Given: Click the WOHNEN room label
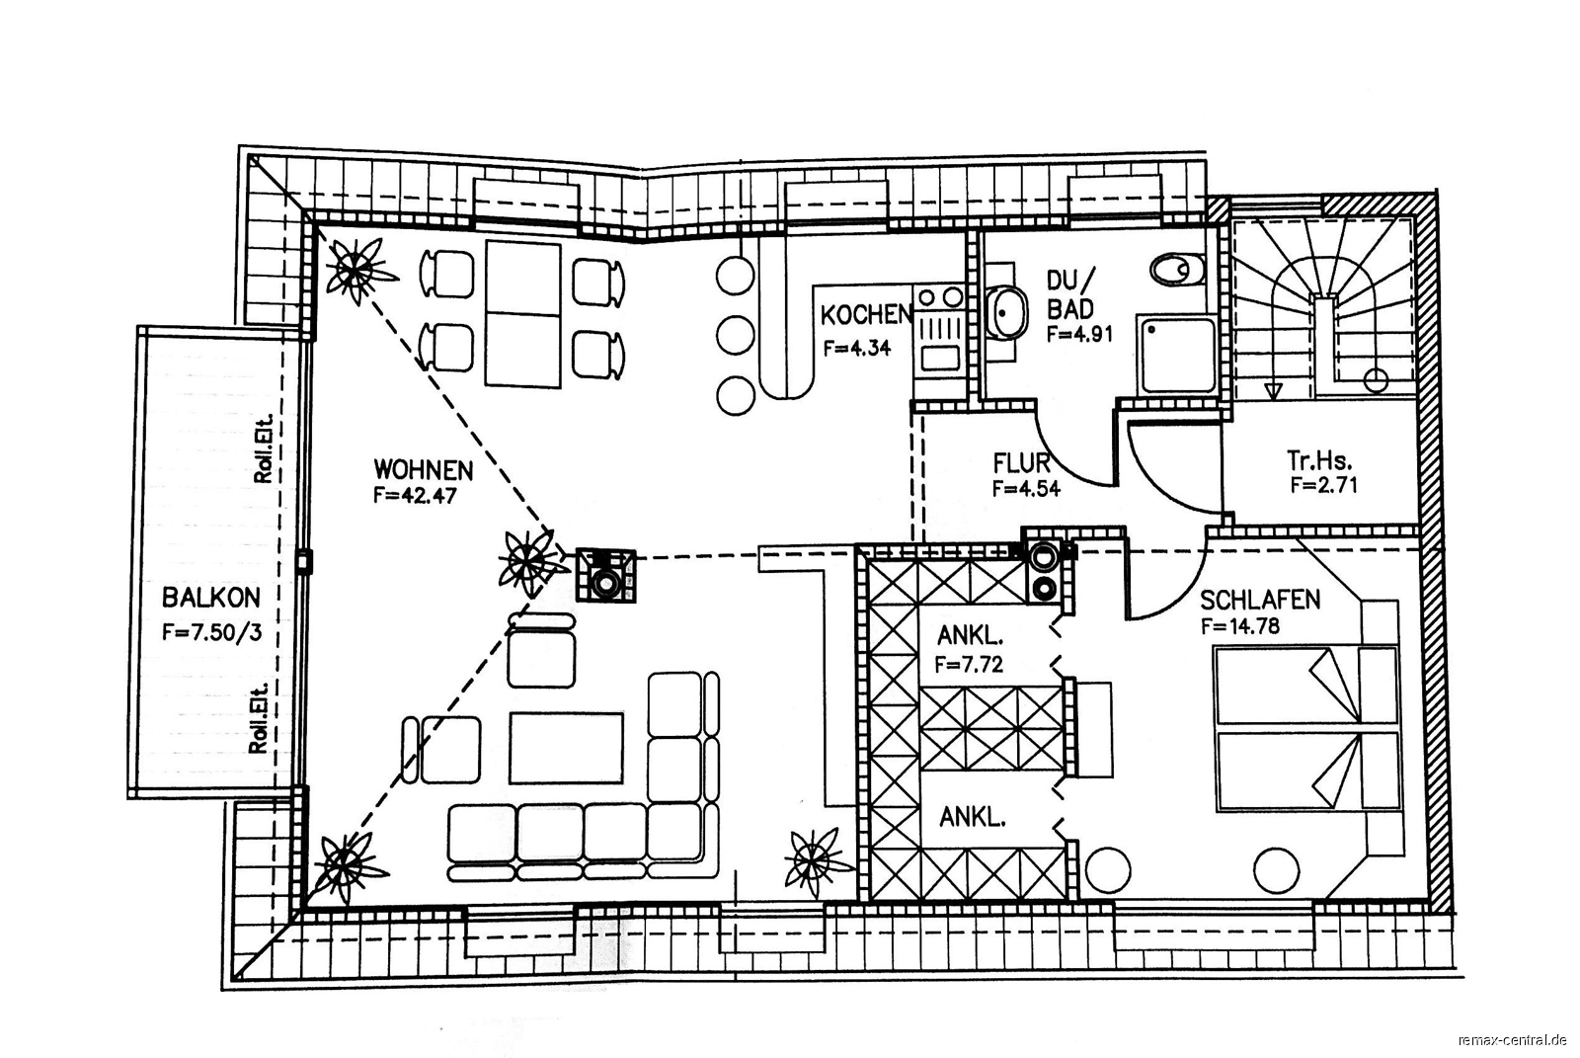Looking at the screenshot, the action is [424, 469].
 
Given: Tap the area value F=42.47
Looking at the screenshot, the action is [415, 496].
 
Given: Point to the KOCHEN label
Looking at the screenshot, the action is [867, 315].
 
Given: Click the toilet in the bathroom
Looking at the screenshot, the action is [1177, 269].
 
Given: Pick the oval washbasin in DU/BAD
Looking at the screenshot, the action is [1006, 313].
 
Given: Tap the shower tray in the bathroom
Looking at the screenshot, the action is [1176, 355].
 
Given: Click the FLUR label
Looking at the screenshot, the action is [1021, 463].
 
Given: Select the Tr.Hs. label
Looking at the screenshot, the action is [1319, 461].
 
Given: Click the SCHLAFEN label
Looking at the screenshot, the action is [1260, 600].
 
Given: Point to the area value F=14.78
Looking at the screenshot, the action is [1240, 625].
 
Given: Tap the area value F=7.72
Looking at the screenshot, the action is [969, 664].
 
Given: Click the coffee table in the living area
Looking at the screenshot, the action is [566, 748].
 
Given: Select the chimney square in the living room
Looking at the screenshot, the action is [605, 575].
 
